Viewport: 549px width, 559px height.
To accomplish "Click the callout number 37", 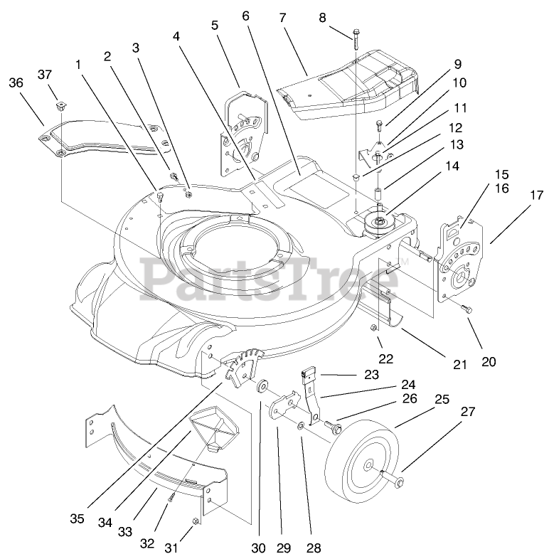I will pyautogui.click(x=46, y=75).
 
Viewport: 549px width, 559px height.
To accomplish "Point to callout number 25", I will pyautogui.click(x=442, y=400).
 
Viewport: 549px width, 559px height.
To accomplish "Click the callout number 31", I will pyautogui.click(x=171, y=548).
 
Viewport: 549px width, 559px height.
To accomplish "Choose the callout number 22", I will pyautogui.click(x=385, y=360).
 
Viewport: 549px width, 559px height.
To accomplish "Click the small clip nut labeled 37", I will pyautogui.click(x=61, y=107).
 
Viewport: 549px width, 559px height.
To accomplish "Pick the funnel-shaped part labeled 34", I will pyautogui.click(x=215, y=430).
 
